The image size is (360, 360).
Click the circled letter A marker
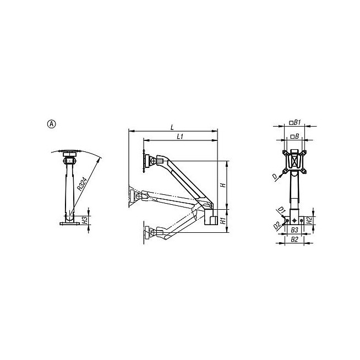pyautogui.click(x=51, y=124)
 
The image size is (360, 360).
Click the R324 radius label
pyautogui.click(x=82, y=184)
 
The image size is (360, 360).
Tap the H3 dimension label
pyautogui.click(x=85, y=220)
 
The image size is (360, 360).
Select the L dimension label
pyautogui.click(x=172, y=127)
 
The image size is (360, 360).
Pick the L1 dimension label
pyautogui.click(x=180, y=137)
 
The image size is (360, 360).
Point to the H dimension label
pyautogui.click(x=223, y=185)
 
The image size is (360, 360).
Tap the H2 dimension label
pyautogui.click(x=310, y=221)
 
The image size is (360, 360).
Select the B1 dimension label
pyautogui.click(x=297, y=123)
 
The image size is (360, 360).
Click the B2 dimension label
pyautogui.click(x=294, y=239)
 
